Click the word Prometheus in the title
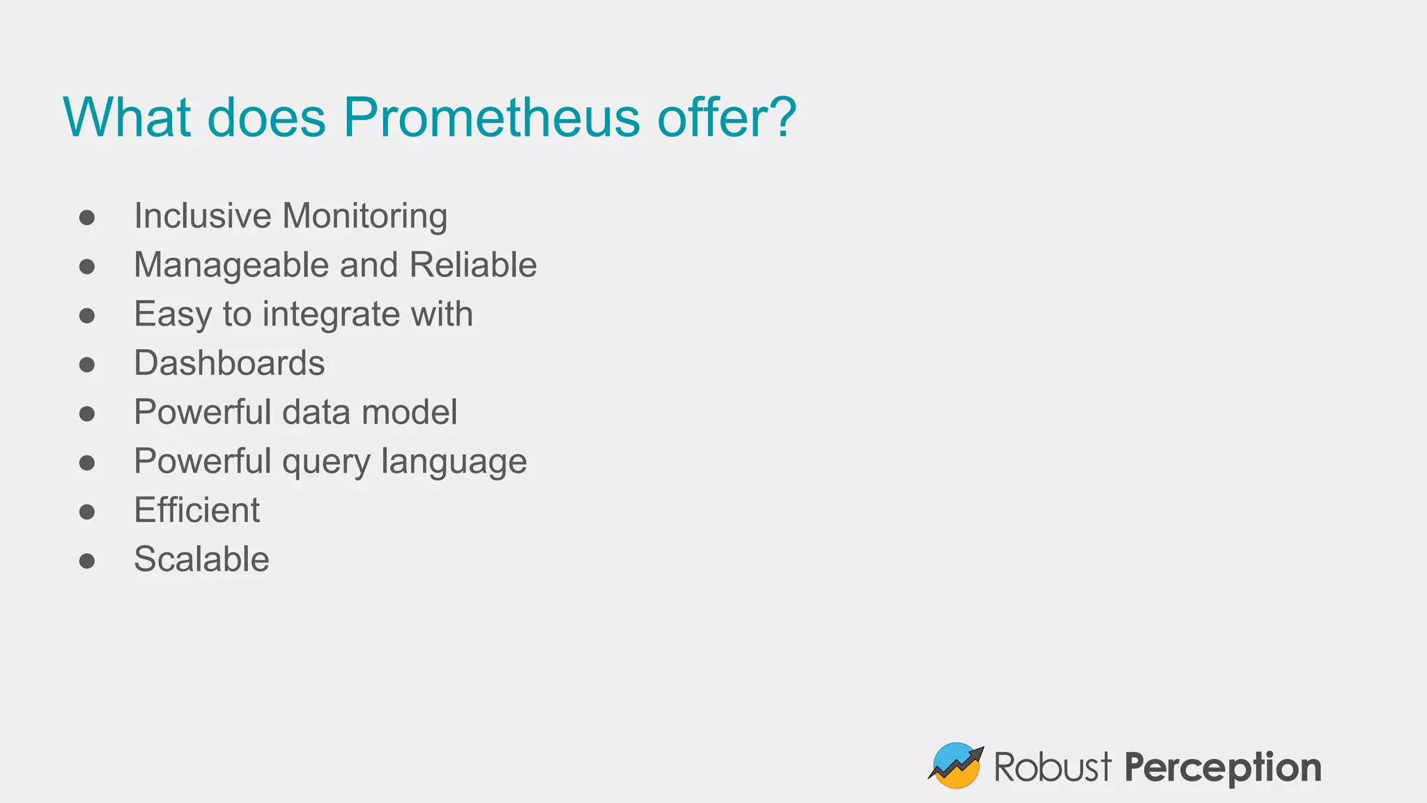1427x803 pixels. tap(491, 117)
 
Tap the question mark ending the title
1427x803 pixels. tap(784, 117)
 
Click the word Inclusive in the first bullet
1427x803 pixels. tap(202, 215)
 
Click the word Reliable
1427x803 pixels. tap(473, 265)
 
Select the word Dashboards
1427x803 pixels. tap(229, 363)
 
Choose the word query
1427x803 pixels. tap(326, 462)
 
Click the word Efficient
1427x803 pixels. tap(196, 510)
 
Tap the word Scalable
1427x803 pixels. tap(201, 559)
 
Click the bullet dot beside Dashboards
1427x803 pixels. tap(87, 365)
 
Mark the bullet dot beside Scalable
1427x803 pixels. tap(87, 560)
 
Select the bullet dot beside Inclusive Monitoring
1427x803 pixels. tap(87, 217)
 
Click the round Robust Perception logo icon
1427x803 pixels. tap(955, 765)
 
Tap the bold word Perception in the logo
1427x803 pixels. tap(1222, 767)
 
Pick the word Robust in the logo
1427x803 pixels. tap(1052, 767)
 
